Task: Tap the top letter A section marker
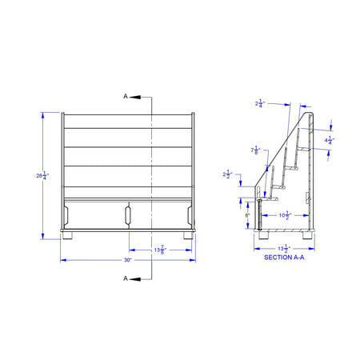[126, 96]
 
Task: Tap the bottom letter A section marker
[126, 278]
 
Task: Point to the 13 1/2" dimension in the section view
[284, 249]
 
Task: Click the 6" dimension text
[248, 215]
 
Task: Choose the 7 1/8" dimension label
[255, 150]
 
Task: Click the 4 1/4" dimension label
[330, 140]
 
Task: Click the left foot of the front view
[70, 235]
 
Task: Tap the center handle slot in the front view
[127, 214]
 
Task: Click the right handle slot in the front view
[188, 214]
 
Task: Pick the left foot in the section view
[262, 235]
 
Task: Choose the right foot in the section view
[307, 235]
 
